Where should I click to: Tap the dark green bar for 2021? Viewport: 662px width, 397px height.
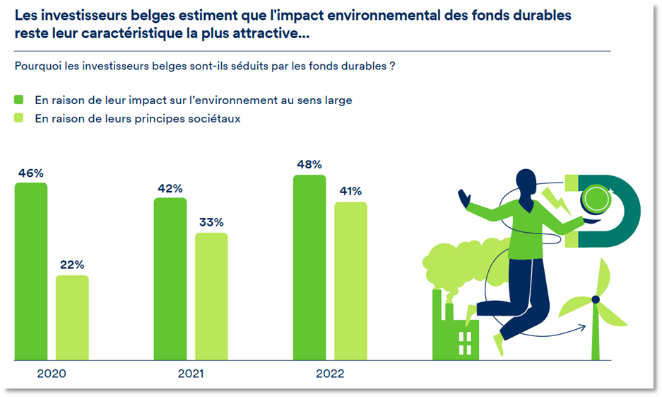[170, 279]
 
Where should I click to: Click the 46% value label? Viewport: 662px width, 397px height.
[31, 173]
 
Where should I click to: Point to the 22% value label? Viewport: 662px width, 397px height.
[72, 265]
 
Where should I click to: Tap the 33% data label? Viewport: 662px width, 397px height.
[211, 222]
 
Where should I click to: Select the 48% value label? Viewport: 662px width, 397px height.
[309, 165]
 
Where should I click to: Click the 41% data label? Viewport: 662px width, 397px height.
[350, 191]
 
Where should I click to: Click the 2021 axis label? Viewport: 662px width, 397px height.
[190, 373]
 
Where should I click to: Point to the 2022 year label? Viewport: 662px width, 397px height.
[329, 373]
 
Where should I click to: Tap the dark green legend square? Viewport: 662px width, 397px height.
[19, 100]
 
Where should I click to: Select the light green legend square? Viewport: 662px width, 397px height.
[19, 118]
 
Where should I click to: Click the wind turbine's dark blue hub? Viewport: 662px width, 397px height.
[596, 299]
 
